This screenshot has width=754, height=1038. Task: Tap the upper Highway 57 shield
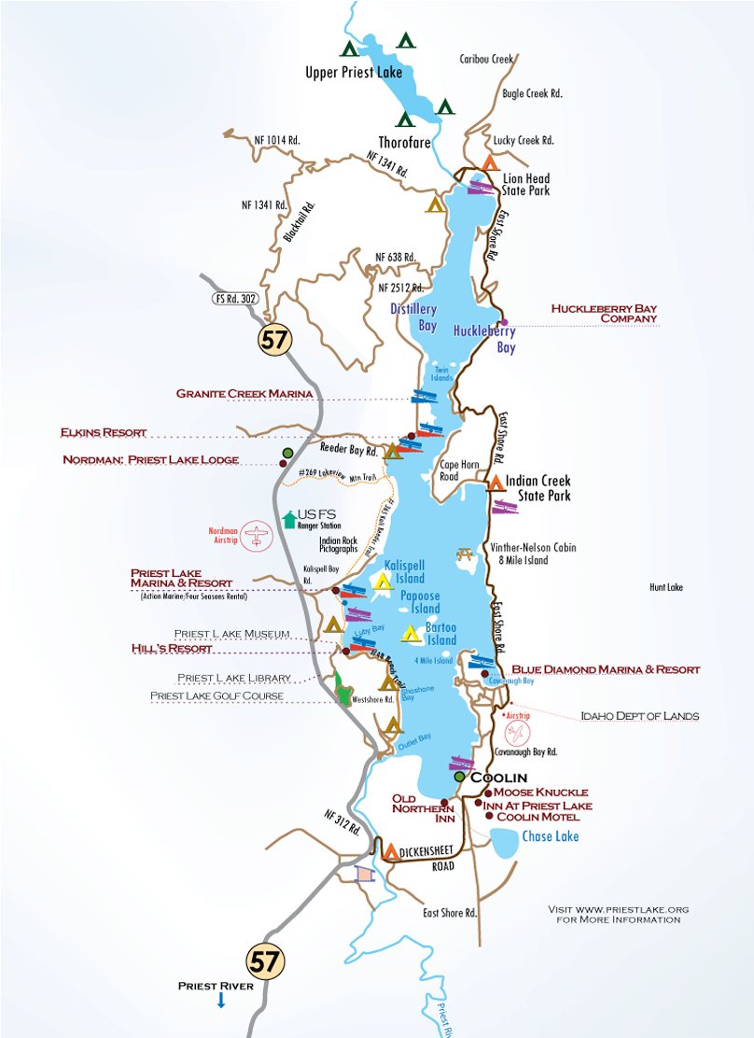(x=275, y=340)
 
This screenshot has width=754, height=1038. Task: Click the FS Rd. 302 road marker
(x=232, y=300)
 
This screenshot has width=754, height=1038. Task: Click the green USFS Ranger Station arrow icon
(x=287, y=518)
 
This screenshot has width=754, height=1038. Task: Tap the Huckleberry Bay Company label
(x=603, y=312)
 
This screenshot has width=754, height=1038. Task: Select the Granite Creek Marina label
(x=244, y=394)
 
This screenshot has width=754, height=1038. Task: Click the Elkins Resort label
(x=104, y=432)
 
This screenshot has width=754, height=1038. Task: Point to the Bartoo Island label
(x=440, y=634)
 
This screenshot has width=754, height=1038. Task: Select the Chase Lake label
(x=552, y=836)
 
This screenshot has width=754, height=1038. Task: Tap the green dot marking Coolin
(x=459, y=777)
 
